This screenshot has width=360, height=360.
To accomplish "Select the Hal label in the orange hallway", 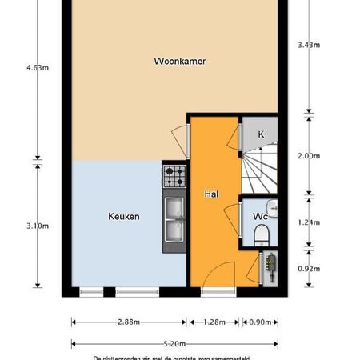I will coord(212,194).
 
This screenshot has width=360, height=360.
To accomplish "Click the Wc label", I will coord(260,216).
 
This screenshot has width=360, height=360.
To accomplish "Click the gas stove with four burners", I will coord(174,175).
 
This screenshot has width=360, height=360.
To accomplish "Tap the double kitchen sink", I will coord(174,220).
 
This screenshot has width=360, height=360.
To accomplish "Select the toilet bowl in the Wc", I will coord(258,235).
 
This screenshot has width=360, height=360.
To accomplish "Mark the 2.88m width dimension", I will coord(128,322).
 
